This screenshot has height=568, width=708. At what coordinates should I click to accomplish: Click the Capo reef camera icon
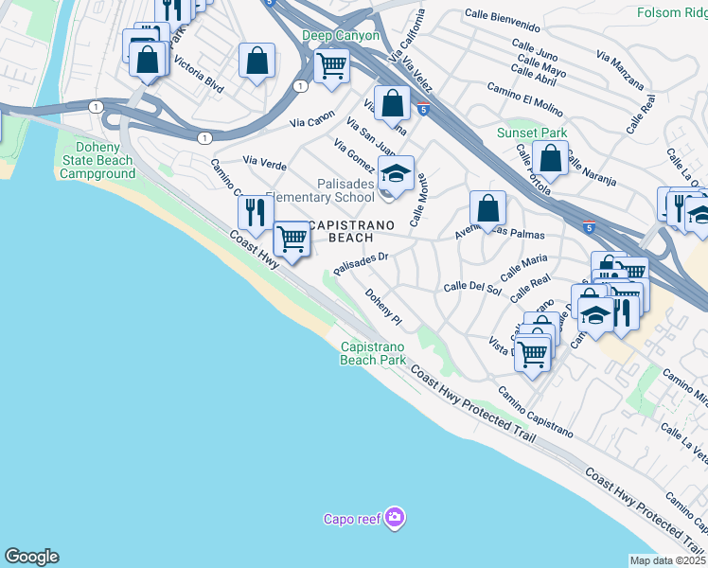(x=395, y=518)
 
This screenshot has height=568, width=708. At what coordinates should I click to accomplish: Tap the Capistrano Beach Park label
(x=373, y=353)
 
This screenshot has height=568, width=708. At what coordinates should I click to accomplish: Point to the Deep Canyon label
(x=341, y=36)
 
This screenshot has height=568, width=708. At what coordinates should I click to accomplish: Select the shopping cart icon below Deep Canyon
(x=331, y=65)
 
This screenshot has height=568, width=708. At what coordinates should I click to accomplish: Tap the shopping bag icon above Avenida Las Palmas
(x=487, y=207)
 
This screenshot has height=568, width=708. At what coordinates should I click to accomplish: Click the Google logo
(x=31, y=557)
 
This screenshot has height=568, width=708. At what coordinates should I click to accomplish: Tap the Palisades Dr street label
(x=361, y=261)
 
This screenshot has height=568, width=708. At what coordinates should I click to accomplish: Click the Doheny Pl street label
(x=384, y=308)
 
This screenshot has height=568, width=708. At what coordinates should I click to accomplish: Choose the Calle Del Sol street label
(x=471, y=287)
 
